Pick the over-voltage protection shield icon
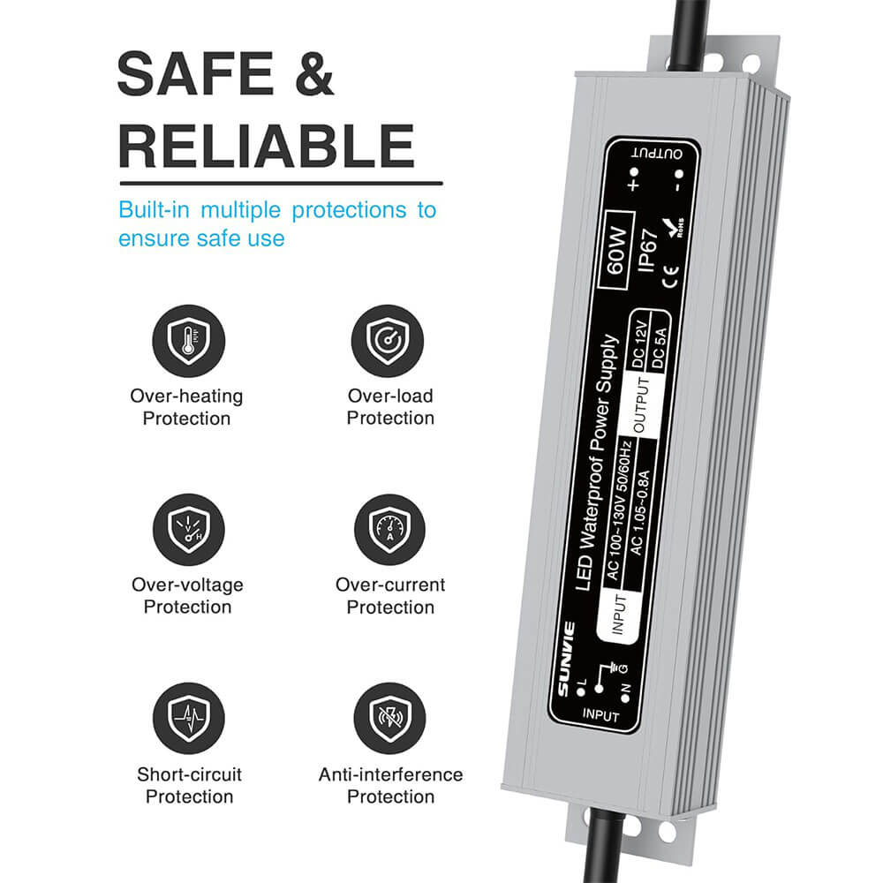tap(188, 529)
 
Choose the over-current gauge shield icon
tap(389, 529)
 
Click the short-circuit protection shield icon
tap(188, 718)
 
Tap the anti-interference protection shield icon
tap(389, 718)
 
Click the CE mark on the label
tap(668, 284)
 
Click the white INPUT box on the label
tap(619, 615)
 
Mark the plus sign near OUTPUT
tap(632, 185)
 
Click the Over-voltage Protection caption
tap(187, 595)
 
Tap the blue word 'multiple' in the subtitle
tap(239, 210)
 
